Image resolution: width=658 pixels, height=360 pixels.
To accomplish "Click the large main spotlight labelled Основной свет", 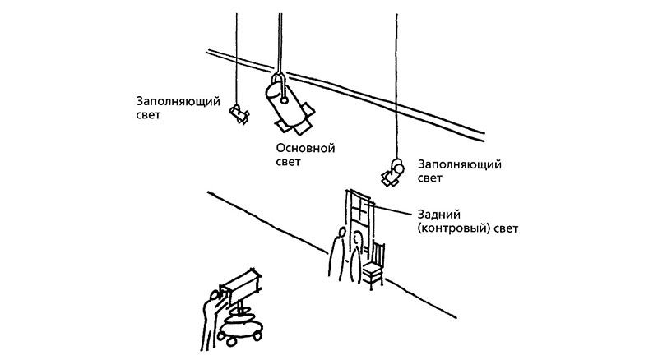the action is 289,105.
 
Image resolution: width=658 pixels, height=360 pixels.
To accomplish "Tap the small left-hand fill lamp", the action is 239,113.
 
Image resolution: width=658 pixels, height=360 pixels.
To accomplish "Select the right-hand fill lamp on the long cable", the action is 393,172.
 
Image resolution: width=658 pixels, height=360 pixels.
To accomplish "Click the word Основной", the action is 305,149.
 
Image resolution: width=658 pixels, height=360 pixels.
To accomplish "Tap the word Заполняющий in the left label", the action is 178,102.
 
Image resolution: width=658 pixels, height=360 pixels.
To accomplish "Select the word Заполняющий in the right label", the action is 460,164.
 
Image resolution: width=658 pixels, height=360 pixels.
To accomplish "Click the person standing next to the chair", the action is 355,257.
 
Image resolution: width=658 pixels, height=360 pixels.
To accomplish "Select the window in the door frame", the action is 360,210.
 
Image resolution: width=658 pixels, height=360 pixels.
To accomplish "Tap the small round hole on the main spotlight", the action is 284,100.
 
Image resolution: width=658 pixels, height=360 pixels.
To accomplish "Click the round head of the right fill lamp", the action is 397,167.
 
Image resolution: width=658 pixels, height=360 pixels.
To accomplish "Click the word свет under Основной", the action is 289,163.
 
